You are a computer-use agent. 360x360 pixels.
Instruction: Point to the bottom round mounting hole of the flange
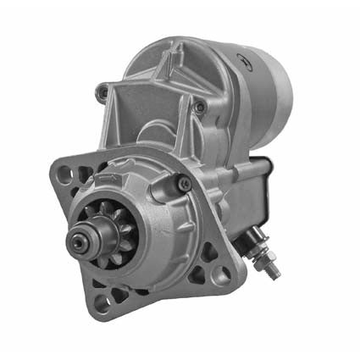[x=102, y=305]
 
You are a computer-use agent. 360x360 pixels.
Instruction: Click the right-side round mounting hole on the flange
[x=222, y=273]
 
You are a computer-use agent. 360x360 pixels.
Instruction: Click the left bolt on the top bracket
[x=103, y=91]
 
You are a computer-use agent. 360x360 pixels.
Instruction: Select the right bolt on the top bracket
[x=199, y=107]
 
